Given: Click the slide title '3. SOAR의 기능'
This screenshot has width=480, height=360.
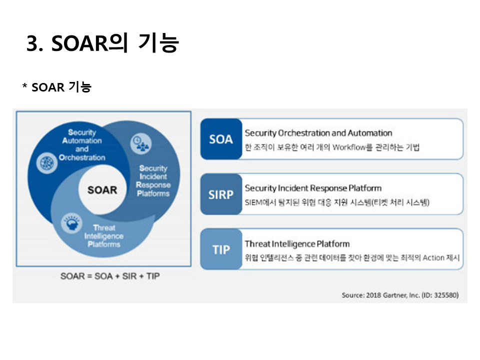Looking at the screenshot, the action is (102, 43).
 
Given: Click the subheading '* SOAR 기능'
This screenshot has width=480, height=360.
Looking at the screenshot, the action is (56, 87).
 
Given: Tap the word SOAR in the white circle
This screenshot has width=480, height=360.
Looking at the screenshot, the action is (102, 190).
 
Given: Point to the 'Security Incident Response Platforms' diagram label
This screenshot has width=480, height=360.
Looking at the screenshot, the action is (153, 181).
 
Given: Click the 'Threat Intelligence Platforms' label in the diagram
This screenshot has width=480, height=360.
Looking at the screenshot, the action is (104, 236).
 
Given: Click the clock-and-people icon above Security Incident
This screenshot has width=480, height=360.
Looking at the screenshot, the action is (140, 144).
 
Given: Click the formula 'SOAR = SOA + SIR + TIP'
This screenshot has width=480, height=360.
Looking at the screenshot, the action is (103, 276).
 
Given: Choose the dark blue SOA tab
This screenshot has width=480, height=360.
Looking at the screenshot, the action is (221, 139).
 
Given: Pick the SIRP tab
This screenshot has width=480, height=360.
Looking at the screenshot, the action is (221, 194).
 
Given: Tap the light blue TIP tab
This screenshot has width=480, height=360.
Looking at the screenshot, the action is (221, 249).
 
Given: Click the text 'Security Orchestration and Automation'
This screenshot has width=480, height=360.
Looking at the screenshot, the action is (318, 133).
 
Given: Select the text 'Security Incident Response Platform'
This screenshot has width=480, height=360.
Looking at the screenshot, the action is (313, 188).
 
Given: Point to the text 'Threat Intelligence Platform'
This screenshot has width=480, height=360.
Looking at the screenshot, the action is (297, 243).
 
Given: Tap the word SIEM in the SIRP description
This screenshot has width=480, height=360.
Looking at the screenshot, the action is (253, 203).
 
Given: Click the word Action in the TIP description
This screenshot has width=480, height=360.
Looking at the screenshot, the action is (433, 258).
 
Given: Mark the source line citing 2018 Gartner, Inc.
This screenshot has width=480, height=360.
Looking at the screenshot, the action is (400, 295).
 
